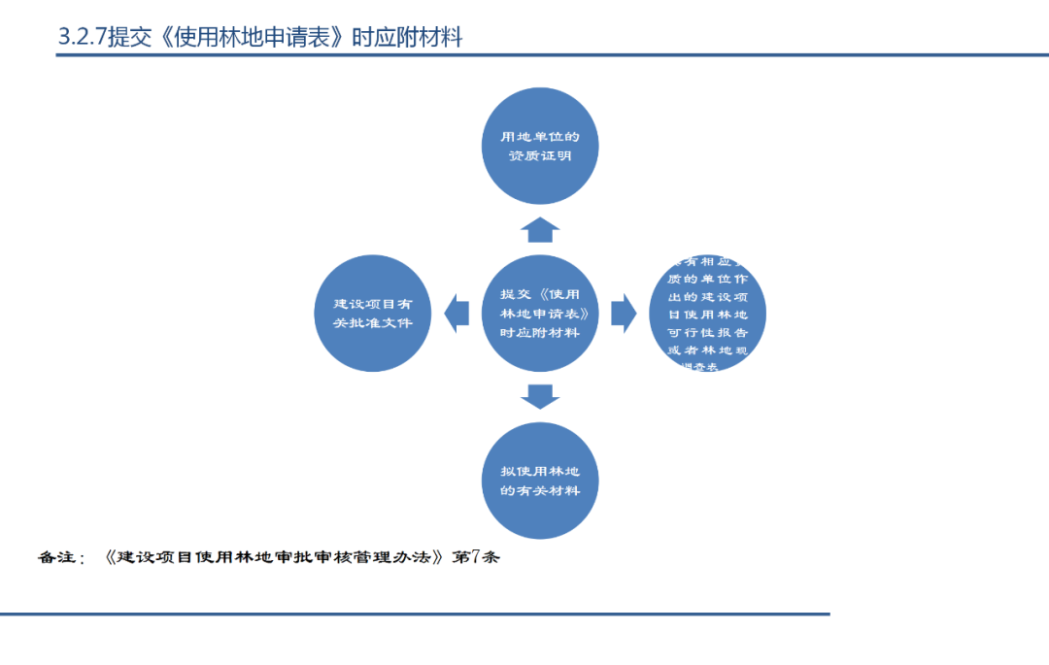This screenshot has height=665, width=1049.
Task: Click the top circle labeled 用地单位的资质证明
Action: tap(540, 146)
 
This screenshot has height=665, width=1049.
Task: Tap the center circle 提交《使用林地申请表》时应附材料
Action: tap(540, 313)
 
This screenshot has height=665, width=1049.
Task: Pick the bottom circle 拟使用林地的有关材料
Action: tap(540, 481)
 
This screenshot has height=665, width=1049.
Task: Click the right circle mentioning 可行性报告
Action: tap(708, 314)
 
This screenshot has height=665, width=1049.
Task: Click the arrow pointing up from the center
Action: tap(540, 230)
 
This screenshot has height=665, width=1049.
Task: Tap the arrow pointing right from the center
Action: tap(624, 313)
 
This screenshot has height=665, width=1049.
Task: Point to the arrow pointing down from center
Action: tap(540, 396)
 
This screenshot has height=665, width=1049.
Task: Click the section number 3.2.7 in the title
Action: tap(83, 38)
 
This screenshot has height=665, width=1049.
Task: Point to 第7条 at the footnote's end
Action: tap(477, 558)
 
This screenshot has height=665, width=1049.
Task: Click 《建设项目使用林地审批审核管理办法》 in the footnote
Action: tap(276, 558)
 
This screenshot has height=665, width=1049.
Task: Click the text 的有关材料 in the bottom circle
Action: tap(540, 490)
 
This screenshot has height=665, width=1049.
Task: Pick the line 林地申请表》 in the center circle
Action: tap(540, 314)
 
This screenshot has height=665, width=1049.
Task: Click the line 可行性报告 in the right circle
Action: tap(708, 331)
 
